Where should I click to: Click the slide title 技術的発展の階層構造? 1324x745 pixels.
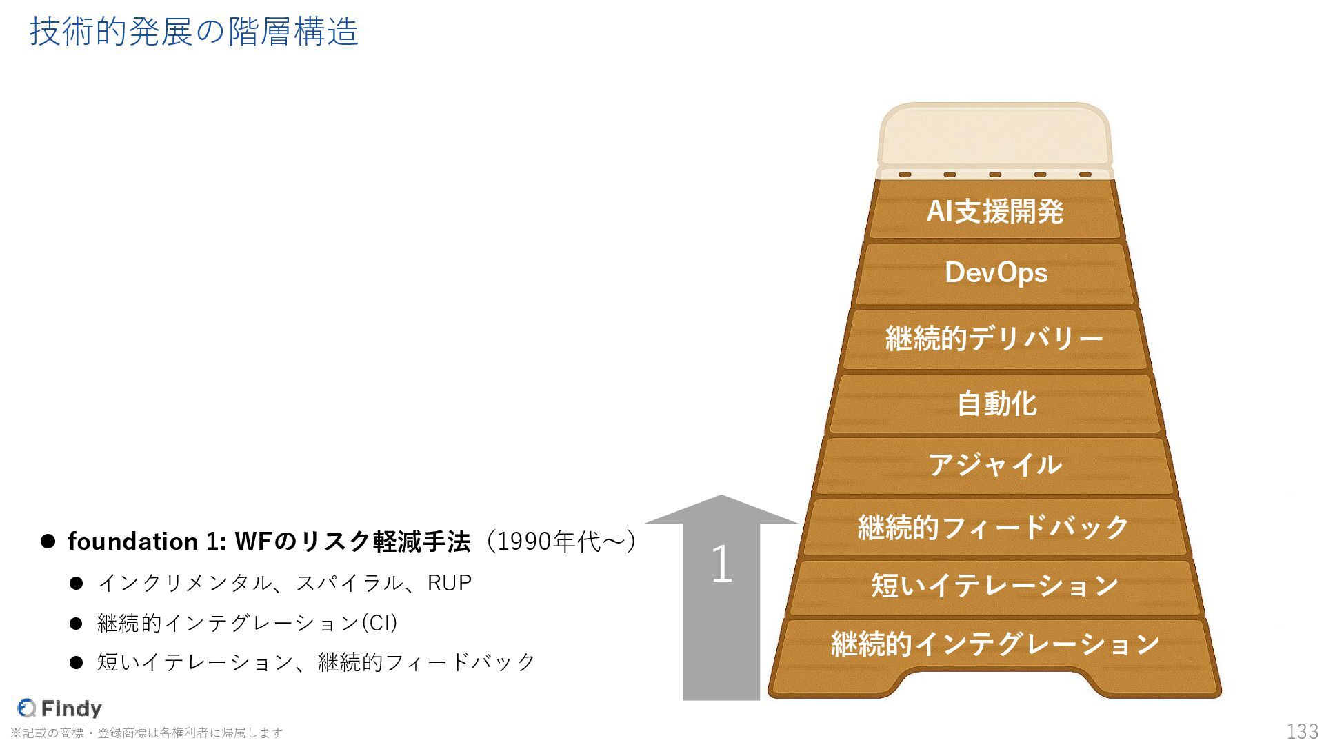pos(194,32)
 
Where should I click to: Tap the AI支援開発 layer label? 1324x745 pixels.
pos(994,211)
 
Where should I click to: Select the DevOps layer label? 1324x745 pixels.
pos(996,272)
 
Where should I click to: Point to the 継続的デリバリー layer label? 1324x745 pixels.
pos(994,339)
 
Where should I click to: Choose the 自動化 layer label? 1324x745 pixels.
pos(996,404)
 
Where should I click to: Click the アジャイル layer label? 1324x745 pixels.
pos(995,464)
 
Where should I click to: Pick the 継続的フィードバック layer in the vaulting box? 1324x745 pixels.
pos(993,527)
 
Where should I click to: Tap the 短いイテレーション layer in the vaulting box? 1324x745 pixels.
pos(994,586)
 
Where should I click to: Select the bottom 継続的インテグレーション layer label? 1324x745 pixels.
pos(995,644)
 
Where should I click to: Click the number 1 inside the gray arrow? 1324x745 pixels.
pos(721,564)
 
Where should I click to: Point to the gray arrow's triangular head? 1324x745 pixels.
pos(721,510)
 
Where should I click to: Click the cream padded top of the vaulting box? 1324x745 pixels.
pos(994,135)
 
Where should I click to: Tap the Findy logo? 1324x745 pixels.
pos(59,708)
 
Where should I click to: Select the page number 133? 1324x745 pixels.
pos(1302,731)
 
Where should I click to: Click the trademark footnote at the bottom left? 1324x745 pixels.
pos(146,733)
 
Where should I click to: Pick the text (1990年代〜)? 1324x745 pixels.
pos(561,542)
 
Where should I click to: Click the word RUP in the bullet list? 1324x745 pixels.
pos(450,583)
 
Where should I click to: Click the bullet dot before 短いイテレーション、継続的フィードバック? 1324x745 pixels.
pos(76,663)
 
